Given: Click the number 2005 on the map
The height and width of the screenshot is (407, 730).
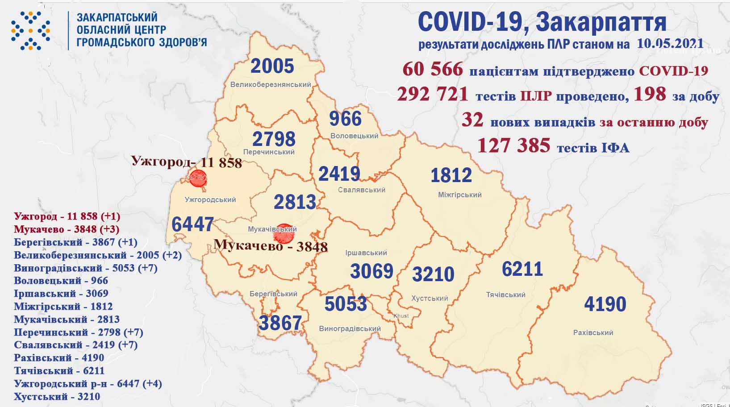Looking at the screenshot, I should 272,66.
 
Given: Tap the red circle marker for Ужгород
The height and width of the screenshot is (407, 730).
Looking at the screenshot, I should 198,178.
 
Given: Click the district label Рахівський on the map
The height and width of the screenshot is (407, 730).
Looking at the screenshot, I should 593,332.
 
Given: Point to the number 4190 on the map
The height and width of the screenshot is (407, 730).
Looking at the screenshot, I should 605,304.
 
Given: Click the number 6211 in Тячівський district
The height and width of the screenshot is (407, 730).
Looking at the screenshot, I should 522,269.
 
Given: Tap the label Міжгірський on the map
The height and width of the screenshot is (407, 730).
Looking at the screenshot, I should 460,195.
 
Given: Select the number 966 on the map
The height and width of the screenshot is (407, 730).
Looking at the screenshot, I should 345,119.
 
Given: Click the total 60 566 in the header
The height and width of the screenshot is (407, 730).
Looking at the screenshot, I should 433,70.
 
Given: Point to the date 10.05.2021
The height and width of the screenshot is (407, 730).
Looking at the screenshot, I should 670,44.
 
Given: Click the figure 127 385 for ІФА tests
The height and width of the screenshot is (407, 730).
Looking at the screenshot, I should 513,145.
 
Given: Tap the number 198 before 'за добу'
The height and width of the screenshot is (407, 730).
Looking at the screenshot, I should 648,94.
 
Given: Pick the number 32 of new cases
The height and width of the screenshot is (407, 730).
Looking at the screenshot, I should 472,120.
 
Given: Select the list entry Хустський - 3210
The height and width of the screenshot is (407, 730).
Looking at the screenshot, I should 57,397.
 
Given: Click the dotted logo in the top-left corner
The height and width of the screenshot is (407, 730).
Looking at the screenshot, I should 30,30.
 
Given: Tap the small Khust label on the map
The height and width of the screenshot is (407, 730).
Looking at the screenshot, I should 401,316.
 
